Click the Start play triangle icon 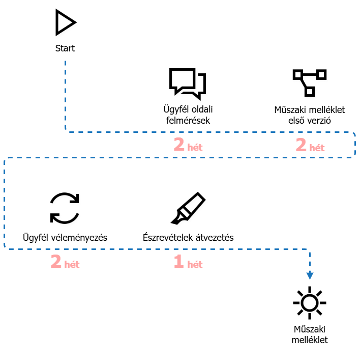coord(66,22)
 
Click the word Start coord(65,48)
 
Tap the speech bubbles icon coord(188,84)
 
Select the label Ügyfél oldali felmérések coord(188,115)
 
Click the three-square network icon coord(310,82)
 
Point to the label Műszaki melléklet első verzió coord(310,115)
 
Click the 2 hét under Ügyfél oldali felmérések coord(188,145)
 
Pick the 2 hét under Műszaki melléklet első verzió coord(310,145)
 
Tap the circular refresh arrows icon coord(65,208)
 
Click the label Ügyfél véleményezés coord(65,237)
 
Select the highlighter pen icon coord(188,208)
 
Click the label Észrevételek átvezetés coord(188,237)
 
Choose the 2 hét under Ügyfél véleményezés coord(65,262)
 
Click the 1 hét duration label coord(188,262)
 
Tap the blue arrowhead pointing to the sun coord(310,276)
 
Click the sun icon coord(310,303)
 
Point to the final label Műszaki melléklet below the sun coord(310,334)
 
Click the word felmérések coord(188,121)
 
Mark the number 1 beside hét coord(178,261)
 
